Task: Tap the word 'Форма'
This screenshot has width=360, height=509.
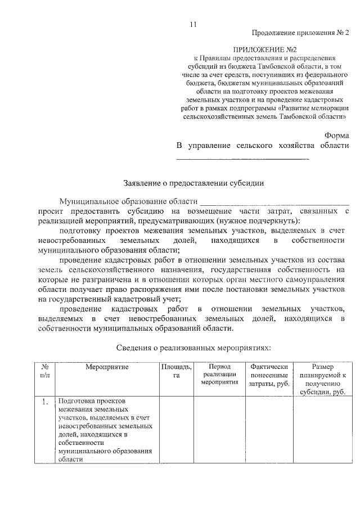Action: [336, 136]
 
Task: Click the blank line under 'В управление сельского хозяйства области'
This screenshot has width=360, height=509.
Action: [243, 159]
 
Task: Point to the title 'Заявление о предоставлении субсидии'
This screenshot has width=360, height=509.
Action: [193, 183]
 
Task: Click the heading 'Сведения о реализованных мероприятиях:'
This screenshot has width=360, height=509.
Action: [193, 348]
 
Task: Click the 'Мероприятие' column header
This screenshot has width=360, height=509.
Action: [107, 367]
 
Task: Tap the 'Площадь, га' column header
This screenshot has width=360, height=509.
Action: [177, 371]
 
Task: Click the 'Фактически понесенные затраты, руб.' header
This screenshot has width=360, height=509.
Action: [269, 375]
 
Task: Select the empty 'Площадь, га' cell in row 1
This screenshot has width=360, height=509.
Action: [177, 430]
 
